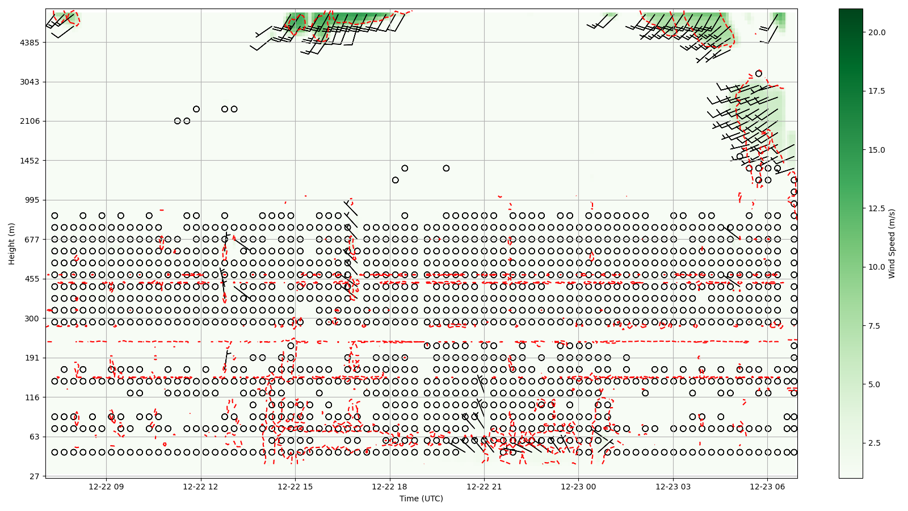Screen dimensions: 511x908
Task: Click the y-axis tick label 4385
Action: click(x=30, y=43)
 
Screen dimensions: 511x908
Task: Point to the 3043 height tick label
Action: click(x=30, y=82)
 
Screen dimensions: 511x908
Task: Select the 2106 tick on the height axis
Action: click(x=30, y=121)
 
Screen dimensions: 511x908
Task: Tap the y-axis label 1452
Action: click(x=30, y=161)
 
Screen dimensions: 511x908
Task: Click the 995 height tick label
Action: click(x=32, y=200)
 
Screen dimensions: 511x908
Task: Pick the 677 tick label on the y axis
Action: click(x=32, y=239)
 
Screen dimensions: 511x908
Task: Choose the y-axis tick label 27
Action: click(x=34, y=476)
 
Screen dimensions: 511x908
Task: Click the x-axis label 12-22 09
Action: click(x=106, y=487)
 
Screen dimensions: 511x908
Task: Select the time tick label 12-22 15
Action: click(x=295, y=487)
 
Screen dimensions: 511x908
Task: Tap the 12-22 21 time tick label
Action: click(x=484, y=487)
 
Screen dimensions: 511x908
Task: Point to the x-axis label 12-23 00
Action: click(x=579, y=487)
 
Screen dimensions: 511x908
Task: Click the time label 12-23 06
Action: click(x=768, y=487)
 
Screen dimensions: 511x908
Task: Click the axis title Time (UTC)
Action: click(x=421, y=499)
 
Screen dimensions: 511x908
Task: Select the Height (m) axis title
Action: click(x=12, y=243)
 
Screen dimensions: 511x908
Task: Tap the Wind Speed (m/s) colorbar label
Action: click(x=892, y=243)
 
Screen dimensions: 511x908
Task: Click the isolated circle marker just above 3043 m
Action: click(x=759, y=74)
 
